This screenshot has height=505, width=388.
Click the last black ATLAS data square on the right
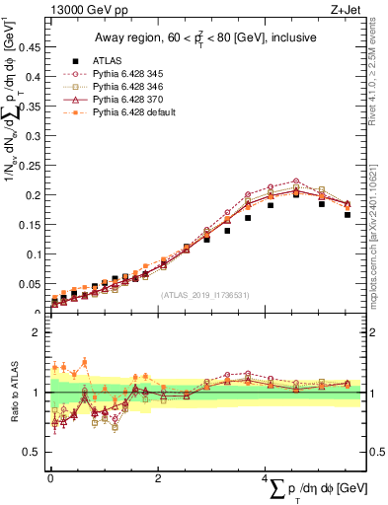pos(348,214)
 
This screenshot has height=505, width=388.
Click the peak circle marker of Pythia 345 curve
pos(295,181)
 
